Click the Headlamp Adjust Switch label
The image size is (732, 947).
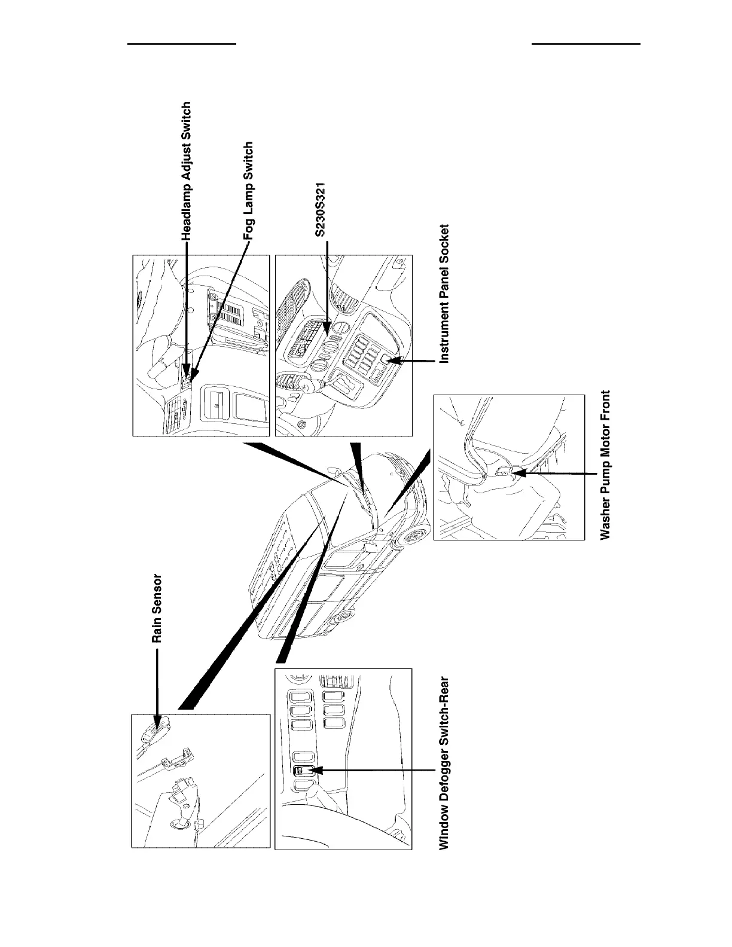click(187, 172)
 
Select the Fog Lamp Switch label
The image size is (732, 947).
click(249, 191)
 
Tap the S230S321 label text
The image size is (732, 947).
click(321, 210)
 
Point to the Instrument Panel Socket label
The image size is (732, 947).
click(444, 294)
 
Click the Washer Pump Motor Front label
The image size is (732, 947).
click(606, 465)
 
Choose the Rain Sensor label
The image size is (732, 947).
click(157, 609)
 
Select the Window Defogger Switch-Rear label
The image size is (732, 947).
click(444, 762)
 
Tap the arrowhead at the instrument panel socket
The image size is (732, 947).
click(393, 361)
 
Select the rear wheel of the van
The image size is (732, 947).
click(344, 616)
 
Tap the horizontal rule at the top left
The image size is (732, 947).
click(182, 44)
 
